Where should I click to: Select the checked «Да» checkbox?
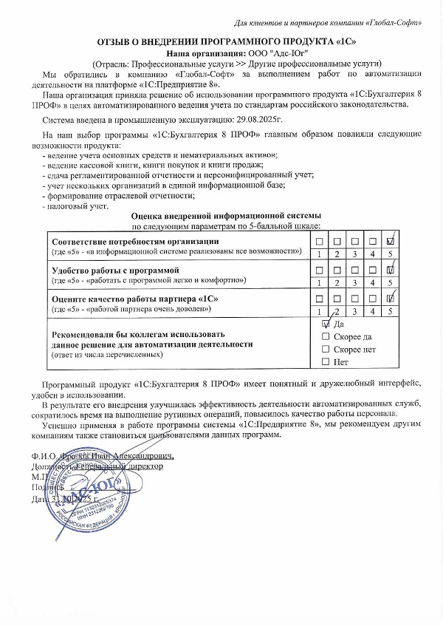(x=326, y=324)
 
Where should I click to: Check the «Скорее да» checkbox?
(x=326, y=336)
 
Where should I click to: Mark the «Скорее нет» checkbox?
(x=326, y=349)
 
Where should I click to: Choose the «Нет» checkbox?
(x=326, y=361)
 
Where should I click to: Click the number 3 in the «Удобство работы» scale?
(x=355, y=282)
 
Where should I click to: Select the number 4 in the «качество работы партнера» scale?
(x=374, y=310)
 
